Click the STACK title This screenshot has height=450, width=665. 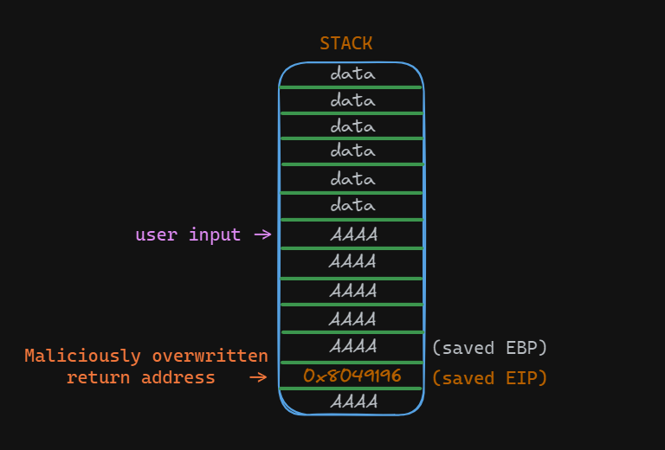point(346,43)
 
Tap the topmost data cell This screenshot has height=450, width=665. point(352,74)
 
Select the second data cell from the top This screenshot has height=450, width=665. point(352,100)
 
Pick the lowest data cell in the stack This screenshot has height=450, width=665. point(352,206)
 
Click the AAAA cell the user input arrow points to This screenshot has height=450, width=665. point(352,235)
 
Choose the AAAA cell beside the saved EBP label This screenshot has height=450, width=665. point(352,347)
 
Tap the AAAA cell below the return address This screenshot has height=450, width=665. point(352,402)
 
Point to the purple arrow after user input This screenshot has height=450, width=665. point(262,235)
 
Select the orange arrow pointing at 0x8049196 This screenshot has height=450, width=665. point(258,377)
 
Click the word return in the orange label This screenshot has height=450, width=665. point(94,377)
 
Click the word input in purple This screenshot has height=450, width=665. point(215,235)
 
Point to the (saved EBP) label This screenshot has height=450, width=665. point(489,348)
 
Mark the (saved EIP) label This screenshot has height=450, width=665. point(489,378)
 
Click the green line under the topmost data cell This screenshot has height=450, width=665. point(351,87)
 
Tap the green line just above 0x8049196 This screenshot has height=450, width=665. point(351,362)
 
